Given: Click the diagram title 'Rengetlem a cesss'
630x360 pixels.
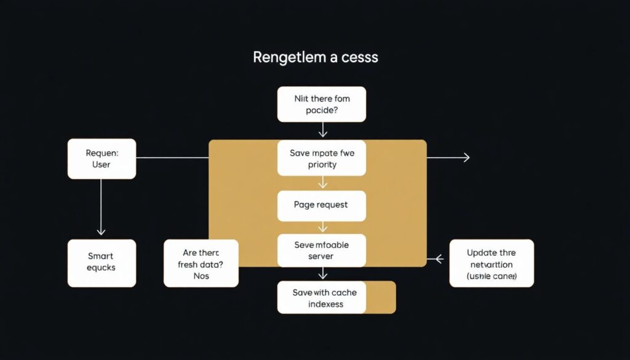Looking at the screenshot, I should (315, 58).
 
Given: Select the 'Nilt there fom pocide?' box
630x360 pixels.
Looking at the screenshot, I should (321, 104).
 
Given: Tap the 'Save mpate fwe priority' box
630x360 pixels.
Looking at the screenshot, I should (321, 158).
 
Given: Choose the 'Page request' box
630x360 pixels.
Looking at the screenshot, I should (321, 206).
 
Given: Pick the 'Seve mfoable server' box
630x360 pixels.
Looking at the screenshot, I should (321, 250).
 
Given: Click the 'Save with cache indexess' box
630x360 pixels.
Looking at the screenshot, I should (326, 297).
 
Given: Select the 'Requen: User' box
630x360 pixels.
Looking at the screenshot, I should (102, 158).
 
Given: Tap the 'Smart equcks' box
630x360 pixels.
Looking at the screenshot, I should (102, 263).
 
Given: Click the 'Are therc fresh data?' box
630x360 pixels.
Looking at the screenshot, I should (201, 263).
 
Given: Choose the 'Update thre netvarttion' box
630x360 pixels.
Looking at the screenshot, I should (492, 263).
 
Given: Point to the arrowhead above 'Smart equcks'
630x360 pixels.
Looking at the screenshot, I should (102, 231).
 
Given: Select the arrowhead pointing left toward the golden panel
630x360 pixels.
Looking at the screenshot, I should (438, 259).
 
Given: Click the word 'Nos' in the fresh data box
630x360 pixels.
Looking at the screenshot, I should (201, 276).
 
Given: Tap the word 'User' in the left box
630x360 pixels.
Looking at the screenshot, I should (102, 165).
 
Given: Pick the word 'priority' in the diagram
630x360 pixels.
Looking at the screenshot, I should (321, 165).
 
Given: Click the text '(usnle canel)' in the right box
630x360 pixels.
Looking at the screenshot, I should (492, 276).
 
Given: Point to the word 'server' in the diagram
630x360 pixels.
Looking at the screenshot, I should (321, 257).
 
